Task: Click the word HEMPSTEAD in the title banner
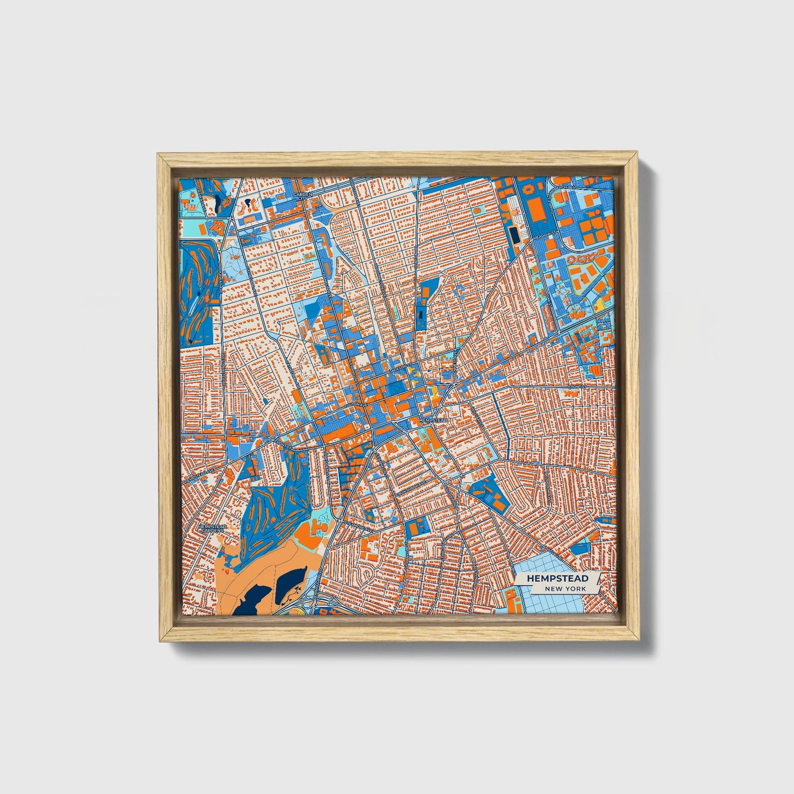pos(557,579)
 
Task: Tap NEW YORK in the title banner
pos(565,588)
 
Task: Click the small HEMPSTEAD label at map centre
pos(434,420)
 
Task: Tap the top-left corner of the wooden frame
pos(160,157)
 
